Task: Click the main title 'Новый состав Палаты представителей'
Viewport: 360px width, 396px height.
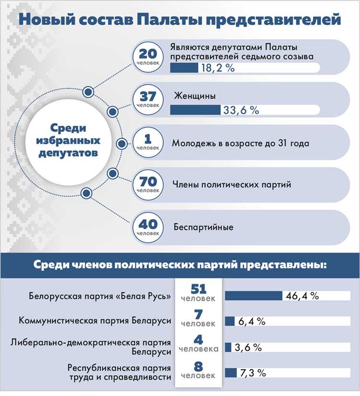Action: click(x=180, y=20)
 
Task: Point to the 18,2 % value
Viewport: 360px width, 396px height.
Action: click(x=216, y=69)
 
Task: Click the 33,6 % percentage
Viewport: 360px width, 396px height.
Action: click(x=240, y=110)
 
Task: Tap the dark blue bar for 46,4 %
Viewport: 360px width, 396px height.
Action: click(x=253, y=296)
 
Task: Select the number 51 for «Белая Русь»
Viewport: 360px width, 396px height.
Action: click(x=198, y=289)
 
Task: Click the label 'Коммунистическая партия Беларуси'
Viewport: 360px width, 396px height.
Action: click(x=95, y=321)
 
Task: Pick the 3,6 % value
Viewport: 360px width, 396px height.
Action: click(x=248, y=346)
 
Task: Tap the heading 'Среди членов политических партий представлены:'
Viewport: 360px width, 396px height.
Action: click(x=180, y=265)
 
